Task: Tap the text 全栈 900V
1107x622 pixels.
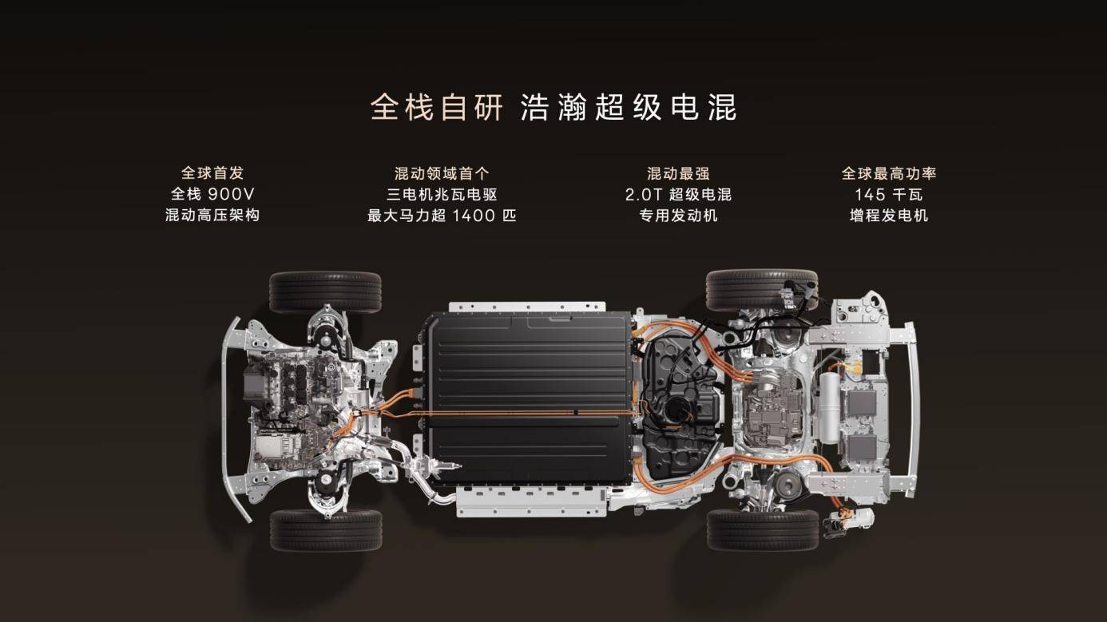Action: [212, 194]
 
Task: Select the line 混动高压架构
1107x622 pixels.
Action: [212, 216]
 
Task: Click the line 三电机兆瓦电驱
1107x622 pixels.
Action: [442, 194]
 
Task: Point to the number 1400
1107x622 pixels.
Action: [474, 216]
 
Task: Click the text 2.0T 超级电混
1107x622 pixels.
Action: [678, 194]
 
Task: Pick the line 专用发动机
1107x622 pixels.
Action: [678, 216]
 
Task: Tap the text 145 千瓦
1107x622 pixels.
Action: [888, 194]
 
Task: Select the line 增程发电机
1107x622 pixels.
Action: [888, 216]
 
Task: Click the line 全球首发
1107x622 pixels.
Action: [212, 173]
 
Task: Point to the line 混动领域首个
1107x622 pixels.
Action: [442, 173]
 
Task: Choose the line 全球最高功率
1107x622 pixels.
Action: [888, 173]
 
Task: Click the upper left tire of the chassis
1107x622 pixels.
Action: [325, 291]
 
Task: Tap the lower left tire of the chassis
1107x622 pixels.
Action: [325, 530]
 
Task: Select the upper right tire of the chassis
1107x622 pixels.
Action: [761, 290]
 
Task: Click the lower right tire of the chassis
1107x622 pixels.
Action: [762, 530]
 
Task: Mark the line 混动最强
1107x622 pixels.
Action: [678, 173]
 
